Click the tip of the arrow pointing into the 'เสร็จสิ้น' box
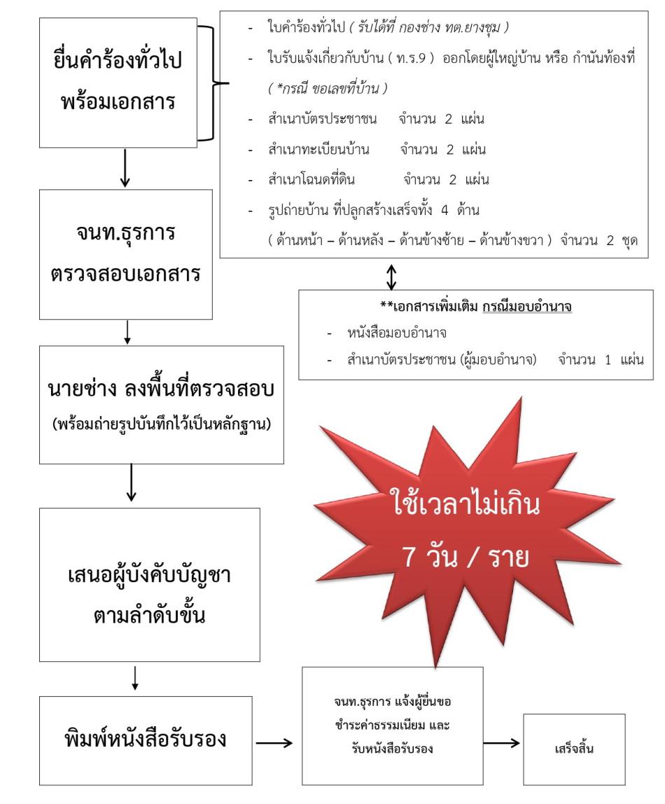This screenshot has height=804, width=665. [x=519, y=743]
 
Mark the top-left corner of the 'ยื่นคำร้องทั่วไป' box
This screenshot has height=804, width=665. [x=39, y=18]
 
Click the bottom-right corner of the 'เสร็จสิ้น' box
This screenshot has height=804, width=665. [x=625, y=784]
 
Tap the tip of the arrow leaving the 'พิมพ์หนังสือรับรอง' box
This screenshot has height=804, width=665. [x=292, y=742]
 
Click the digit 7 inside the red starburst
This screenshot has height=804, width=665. [x=409, y=557]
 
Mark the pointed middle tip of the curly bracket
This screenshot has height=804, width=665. [x=229, y=83]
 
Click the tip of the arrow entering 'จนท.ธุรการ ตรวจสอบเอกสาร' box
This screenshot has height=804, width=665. [x=125, y=186]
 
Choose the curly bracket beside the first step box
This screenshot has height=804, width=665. [x=213, y=83]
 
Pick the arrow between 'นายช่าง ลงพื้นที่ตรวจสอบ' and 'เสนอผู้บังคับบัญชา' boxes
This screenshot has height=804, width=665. [x=132, y=483]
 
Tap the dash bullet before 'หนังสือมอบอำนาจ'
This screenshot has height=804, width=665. [x=330, y=334]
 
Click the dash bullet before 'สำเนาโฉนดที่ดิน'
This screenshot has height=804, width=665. [x=251, y=181]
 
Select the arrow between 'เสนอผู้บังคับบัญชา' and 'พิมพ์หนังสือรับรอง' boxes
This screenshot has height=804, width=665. [x=135, y=678]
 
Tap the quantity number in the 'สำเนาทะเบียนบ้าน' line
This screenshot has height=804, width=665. [x=450, y=150]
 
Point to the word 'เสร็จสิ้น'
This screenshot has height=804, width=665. [x=574, y=749]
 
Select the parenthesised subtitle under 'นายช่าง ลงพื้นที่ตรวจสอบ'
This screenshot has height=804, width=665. [x=162, y=424]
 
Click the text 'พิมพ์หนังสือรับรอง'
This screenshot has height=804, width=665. [x=146, y=739]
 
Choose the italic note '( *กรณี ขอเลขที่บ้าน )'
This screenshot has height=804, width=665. [x=328, y=88]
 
